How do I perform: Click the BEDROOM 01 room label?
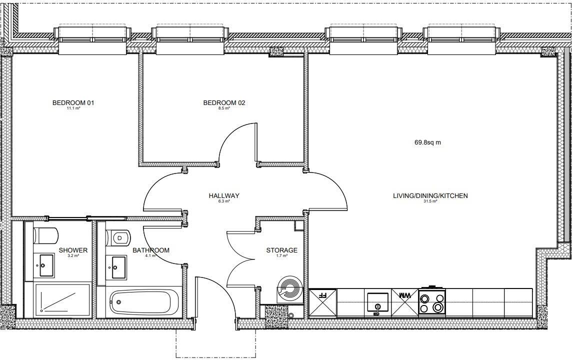(x=73, y=103)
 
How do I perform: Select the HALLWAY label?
(x=224, y=195)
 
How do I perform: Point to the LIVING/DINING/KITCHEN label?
(x=430, y=195)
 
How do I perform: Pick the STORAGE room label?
(x=281, y=250)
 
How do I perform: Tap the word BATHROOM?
(x=150, y=250)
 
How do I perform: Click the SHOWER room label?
(x=73, y=250)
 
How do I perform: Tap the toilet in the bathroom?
(x=118, y=237)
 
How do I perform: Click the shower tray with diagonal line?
(x=62, y=300)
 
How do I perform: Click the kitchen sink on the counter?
(x=377, y=303)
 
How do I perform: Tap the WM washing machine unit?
(x=404, y=295)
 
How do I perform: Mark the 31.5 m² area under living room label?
(x=430, y=201)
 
